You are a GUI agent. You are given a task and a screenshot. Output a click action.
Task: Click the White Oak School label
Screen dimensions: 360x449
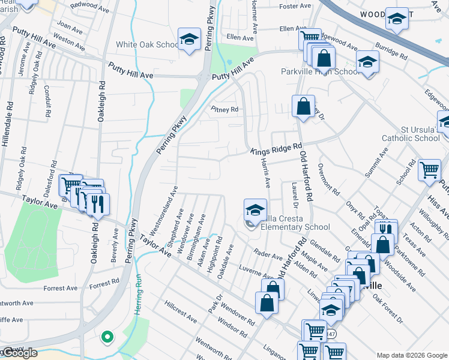click(x=147, y=44)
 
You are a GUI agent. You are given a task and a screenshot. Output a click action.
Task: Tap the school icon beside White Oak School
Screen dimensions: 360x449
click(x=190, y=41)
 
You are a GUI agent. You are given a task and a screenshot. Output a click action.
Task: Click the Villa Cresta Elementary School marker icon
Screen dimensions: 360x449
click(x=255, y=211)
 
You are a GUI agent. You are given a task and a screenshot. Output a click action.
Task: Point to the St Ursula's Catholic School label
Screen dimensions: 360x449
click(x=412, y=133)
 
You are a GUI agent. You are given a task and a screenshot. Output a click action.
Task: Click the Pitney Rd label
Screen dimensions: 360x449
click(x=224, y=109)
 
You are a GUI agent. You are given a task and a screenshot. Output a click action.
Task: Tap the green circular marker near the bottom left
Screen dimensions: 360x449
click(x=107, y=337)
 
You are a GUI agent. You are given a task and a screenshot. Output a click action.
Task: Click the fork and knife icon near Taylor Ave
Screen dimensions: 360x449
click(x=97, y=203)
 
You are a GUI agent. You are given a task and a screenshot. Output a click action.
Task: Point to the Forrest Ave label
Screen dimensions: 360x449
click(x=61, y=288)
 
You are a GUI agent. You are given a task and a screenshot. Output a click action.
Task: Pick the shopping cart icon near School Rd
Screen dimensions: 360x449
click(x=429, y=170)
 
